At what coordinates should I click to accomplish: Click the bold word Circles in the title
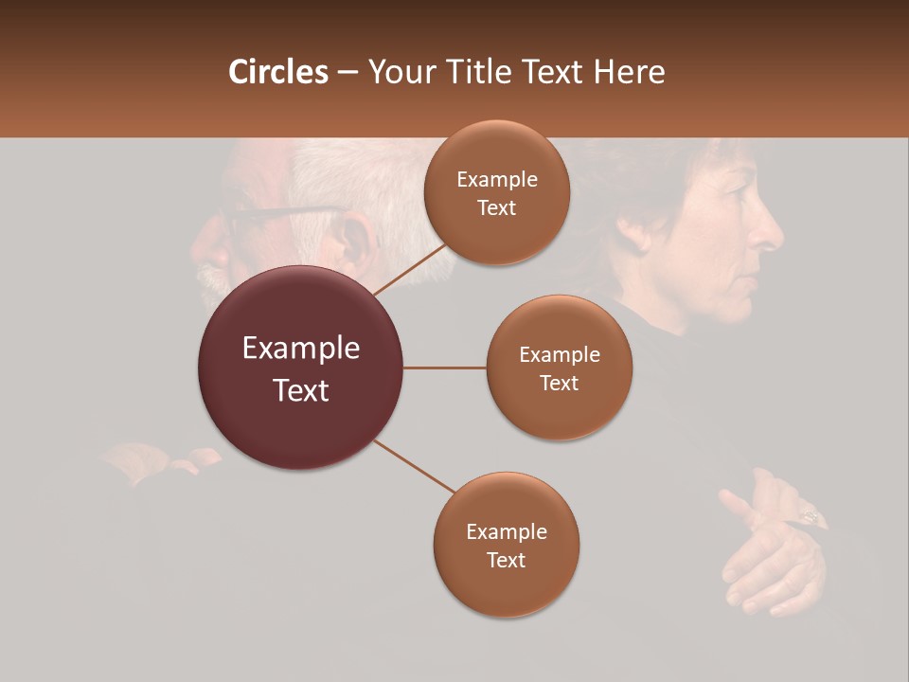(x=278, y=72)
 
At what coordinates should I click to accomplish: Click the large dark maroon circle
(x=300, y=368)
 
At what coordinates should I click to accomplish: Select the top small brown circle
(x=496, y=192)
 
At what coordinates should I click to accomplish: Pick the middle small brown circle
(x=559, y=368)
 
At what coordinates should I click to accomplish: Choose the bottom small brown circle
(x=506, y=545)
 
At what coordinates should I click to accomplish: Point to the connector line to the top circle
(x=409, y=268)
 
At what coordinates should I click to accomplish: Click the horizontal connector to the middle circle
(x=445, y=368)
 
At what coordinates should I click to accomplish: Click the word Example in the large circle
(x=300, y=349)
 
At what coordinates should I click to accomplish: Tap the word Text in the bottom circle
(x=506, y=560)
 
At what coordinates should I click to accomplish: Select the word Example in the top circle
(x=496, y=179)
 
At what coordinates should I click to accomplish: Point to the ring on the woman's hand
(x=812, y=516)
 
